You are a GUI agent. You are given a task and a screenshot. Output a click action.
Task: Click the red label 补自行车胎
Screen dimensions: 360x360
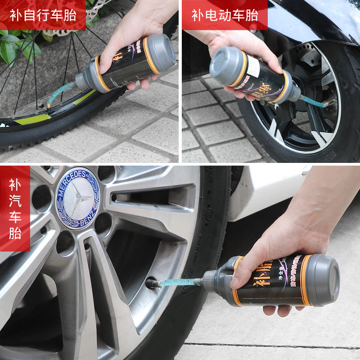pyautogui.click(x=43, y=15)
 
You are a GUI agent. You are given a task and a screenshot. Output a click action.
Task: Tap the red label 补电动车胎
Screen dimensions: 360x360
pyautogui.click(x=225, y=15)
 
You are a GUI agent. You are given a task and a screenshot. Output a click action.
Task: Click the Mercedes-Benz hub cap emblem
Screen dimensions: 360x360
pyautogui.click(x=77, y=198)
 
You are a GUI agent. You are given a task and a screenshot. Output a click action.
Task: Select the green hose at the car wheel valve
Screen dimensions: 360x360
pyautogui.click(x=175, y=283)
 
